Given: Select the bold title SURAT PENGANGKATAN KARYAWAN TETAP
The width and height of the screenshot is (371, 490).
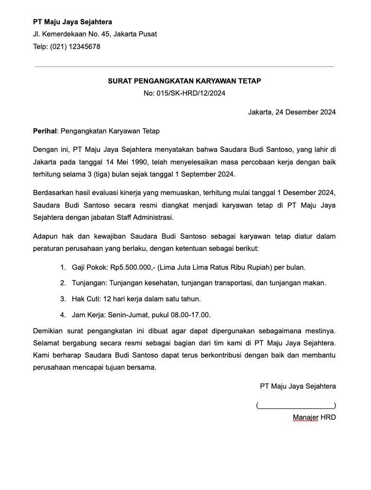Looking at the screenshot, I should click(x=184, y=81).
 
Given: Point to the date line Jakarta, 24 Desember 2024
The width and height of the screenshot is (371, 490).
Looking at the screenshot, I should click(x=292, y=112).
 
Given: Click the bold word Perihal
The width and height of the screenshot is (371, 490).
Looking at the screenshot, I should click(x=45, y=131).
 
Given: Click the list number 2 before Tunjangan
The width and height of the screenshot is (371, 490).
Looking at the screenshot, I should click(x=63, y=283).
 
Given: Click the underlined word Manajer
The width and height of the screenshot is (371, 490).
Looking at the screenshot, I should click(x=305, y=417).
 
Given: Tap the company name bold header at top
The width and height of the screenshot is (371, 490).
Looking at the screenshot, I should click(x=72, y=22).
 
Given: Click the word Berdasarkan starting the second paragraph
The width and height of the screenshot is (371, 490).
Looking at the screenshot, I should click(x=53, y=193).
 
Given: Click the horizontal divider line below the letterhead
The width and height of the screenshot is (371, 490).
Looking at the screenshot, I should click(x=184, y=66).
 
